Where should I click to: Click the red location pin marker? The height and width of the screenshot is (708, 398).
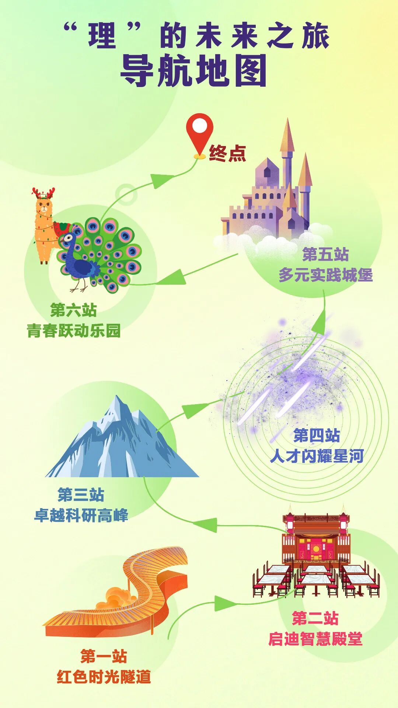point(199,128)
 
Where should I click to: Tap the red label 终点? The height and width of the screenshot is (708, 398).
point(227,153)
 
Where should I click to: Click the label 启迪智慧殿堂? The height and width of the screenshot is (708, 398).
point(315,639)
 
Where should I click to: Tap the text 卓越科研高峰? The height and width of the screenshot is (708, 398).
point(81,515)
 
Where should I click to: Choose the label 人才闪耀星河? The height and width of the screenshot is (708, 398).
point(317,456)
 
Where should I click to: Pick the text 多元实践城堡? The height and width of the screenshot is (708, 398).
point(326,275)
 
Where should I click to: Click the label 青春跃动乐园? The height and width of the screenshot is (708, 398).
point(74,331)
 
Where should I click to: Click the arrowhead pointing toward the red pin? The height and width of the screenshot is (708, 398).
point(162,181)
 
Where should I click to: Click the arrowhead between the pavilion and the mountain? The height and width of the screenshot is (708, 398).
point(206,524)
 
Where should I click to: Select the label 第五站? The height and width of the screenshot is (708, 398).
point(325,254)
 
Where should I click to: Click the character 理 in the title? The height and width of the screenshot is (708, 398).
point(102,36)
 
